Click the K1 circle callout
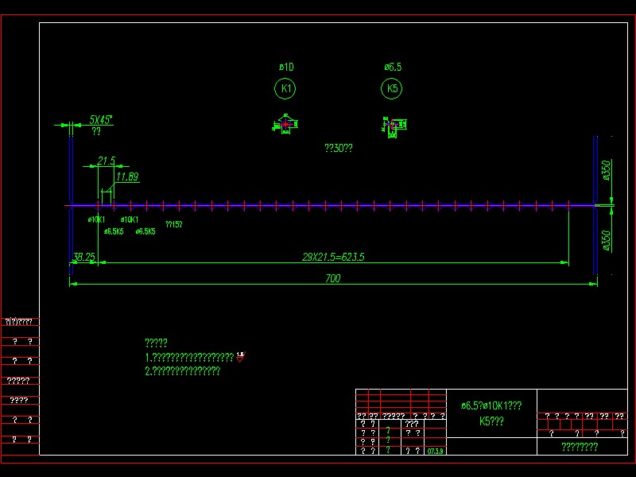(285, 89)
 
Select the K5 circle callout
(392, 89)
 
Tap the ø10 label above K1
(286, 68)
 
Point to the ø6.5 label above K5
(393, 68)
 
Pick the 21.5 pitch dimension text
(107, 161)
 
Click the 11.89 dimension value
(127, 176)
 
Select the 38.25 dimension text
(83, 257)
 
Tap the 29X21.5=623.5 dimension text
(339, 257)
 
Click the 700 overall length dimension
(332, 278)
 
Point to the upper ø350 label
(606, 171)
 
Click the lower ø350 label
(606, 240)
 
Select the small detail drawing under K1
(285, 125)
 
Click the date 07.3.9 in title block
(436, 451)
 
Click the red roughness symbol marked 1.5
(240, 357)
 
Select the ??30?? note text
(338, 148)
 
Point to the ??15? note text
(173, 225)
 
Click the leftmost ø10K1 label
(95, 219)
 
